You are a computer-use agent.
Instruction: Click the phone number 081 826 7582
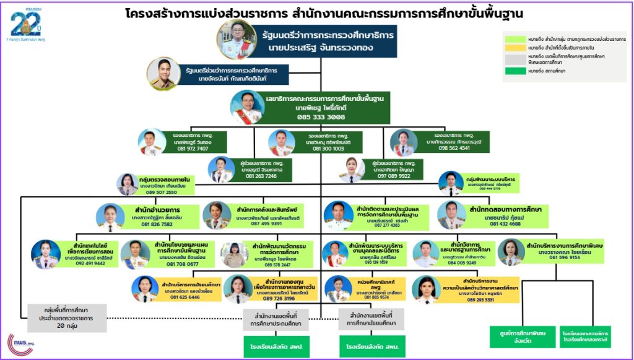(157, 224)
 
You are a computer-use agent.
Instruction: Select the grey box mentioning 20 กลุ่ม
(67, 318)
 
